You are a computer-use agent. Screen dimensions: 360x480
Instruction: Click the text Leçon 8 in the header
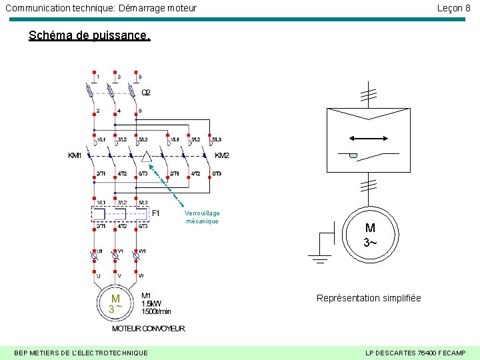coord(453,8)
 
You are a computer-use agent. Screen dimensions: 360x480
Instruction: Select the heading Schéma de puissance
coord(89,35)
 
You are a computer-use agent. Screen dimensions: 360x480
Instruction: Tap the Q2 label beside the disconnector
coord(146,93)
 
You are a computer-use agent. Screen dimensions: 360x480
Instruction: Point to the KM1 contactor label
coord(75,155)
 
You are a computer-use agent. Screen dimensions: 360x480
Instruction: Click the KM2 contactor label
coord(222,155)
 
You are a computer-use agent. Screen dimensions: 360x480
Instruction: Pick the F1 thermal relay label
coord(156,213)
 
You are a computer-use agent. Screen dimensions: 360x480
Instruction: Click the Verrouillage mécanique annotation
coord(203,217)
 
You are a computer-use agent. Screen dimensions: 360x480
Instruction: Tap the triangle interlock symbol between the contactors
coord(147,157)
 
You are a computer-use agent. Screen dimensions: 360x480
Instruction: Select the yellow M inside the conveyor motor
coord(115,299)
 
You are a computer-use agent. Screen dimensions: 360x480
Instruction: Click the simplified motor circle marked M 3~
coord(370,234)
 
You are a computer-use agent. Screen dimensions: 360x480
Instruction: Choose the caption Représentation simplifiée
coord(369,298)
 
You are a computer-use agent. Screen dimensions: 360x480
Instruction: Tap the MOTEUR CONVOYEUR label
coord(148,329)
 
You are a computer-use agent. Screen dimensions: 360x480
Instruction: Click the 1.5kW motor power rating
coord(151,303)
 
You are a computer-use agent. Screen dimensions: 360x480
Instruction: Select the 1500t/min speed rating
coord(156,311)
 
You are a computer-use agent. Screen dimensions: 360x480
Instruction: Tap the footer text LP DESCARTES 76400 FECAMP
coord(416,352)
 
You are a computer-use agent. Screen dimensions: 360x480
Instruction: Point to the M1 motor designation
coord(146,295)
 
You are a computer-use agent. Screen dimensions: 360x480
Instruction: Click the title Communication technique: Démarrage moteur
coord(101,8)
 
